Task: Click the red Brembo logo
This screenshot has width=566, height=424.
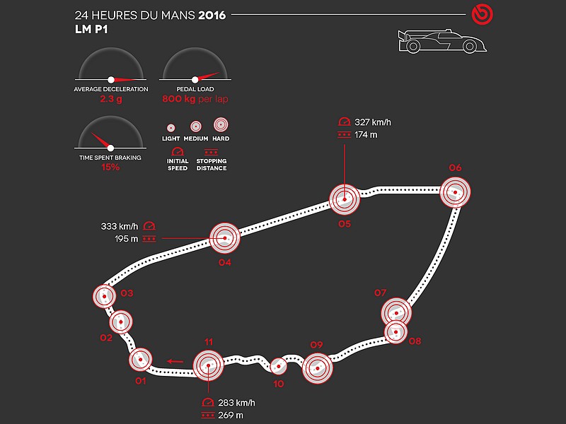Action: coord(482,15)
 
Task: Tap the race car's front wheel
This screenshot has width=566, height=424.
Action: coord(469,46)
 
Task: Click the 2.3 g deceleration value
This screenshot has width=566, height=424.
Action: coord(111,99)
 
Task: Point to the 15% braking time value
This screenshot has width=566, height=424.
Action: coord(110,167)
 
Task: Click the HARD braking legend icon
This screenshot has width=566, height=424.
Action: coord(221,125)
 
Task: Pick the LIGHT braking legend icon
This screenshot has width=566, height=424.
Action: coord(171,128)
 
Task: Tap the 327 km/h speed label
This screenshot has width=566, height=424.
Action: coord(373,122)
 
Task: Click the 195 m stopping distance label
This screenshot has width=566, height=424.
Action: coord(127,239)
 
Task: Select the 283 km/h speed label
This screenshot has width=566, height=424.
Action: coord(236,403)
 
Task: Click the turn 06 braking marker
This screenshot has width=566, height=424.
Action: coord(455,192)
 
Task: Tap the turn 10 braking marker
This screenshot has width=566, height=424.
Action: coord(278,367)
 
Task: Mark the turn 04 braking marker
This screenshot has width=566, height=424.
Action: coord(225,238)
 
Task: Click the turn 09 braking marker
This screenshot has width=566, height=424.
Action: coord(317,368)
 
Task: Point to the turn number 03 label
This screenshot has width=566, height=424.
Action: coord(127,293)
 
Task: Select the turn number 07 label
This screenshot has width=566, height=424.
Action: coord(380,293)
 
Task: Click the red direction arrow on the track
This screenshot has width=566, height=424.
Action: coord(175,361)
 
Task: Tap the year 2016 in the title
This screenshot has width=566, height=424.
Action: coord(212,15)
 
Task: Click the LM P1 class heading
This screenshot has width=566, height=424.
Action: coord(91,29)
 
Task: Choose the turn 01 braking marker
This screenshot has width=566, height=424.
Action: coord(140,360)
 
